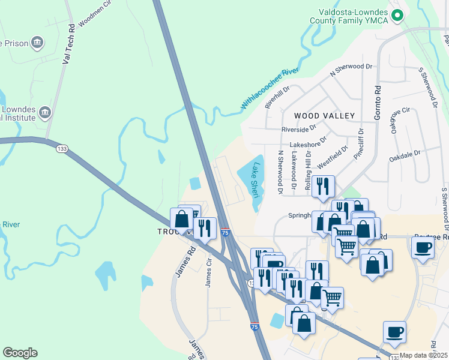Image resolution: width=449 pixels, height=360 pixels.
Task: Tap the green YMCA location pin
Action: tap(396, 16)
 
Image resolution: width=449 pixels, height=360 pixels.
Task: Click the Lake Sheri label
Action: tap(256, 180)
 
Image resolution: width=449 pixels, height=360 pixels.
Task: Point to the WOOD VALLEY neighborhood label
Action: tap(324, 115)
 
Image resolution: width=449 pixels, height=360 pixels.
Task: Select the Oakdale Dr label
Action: tap(405, 154)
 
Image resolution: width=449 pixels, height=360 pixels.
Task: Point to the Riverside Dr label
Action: tap(299, 129)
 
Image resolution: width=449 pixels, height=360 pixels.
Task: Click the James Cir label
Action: tap(209, 272)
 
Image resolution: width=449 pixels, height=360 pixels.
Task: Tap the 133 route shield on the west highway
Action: tap(61, 148)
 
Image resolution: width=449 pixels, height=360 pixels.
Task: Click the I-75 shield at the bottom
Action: tap(255, 326)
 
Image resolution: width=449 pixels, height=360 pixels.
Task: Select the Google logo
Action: tap(20, 353)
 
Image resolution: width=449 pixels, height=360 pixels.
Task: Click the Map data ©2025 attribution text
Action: tap(423, 355)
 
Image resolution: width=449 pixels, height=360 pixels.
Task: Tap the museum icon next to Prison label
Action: tap(38, 43)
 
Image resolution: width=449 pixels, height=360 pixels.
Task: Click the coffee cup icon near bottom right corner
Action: tap(394, 332)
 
